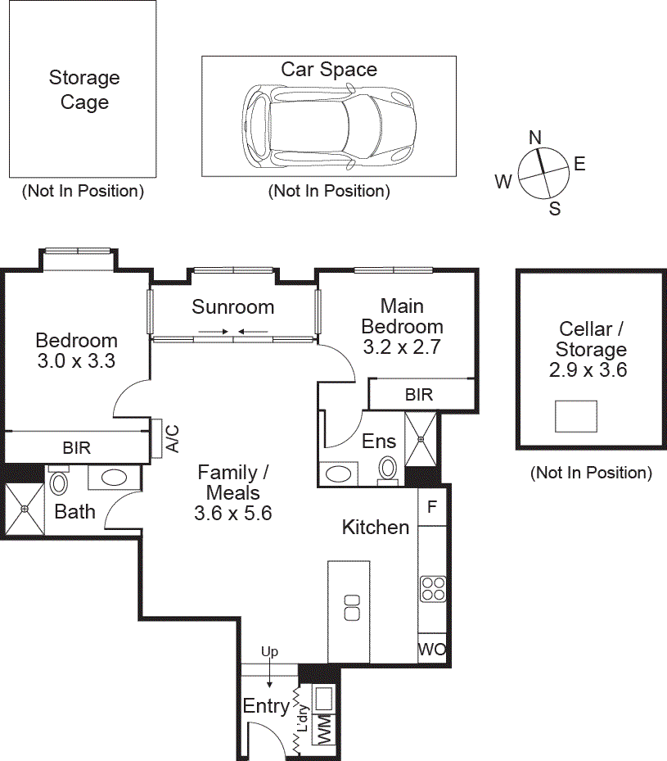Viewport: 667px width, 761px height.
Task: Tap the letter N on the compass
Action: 535,138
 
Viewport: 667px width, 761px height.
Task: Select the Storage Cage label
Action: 84,90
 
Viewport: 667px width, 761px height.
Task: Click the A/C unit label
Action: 173,437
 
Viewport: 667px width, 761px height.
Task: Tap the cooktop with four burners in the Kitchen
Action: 432,588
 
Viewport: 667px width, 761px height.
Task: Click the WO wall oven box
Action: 432,649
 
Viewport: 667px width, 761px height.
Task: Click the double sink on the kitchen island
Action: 352,607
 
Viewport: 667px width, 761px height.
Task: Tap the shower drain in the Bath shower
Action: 25,510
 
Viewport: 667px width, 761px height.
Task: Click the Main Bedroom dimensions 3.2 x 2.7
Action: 402,347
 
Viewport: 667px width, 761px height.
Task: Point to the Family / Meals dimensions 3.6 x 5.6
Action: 233,514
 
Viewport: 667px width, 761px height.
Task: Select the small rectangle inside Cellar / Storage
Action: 576,416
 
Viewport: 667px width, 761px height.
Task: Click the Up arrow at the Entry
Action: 269,668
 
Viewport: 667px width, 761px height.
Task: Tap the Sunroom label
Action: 233,307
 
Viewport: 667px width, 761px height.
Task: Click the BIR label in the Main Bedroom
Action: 419,395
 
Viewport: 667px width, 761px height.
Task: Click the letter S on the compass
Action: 554,208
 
